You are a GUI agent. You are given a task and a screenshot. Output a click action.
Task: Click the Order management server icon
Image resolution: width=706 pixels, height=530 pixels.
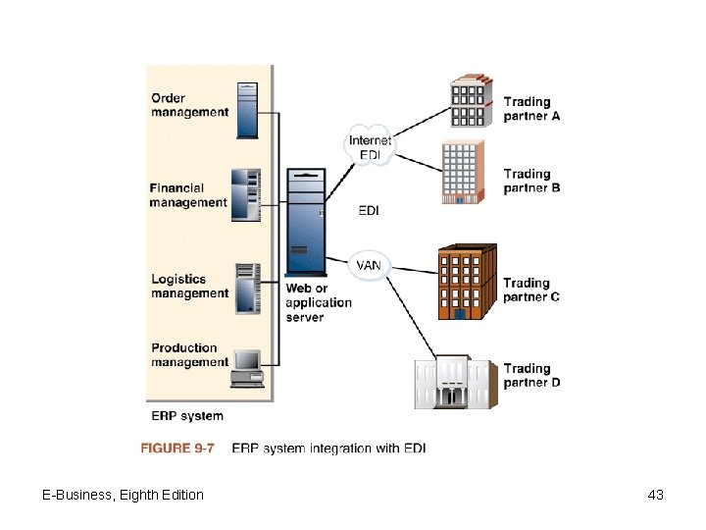(246, 109)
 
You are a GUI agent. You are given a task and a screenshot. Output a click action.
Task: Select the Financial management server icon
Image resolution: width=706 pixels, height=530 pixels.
(246, 195)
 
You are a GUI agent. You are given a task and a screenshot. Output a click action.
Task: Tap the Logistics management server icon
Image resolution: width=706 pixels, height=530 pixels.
(246, 287)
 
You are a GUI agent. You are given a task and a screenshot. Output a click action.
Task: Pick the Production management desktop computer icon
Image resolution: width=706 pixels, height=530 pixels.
(245, 367)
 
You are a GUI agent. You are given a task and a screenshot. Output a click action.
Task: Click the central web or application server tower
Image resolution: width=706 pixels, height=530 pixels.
(305, 222)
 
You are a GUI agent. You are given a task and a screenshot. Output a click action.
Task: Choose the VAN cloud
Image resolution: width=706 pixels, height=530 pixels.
(369, 265)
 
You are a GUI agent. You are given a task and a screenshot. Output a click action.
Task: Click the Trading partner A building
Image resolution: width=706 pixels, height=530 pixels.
(471, 102)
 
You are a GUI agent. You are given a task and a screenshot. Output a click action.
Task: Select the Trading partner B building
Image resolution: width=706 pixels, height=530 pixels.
(461, 172)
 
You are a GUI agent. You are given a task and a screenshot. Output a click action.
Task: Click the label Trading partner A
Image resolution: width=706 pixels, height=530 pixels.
(531, 109)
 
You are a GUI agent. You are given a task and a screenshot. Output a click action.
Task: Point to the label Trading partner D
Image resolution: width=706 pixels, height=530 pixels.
(531, 376)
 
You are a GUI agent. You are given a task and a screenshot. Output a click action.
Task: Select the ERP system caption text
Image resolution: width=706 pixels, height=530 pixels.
(186, 416)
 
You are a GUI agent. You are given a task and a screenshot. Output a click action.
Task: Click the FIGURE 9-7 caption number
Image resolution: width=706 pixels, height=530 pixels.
(177, 448)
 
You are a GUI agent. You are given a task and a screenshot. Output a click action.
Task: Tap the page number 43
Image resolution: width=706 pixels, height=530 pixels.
(656, 495)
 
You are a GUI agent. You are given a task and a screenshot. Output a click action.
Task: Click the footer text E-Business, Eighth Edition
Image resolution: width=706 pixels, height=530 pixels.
(124, 495)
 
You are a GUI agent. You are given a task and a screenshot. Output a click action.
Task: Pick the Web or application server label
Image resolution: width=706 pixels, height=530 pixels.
(318, 302)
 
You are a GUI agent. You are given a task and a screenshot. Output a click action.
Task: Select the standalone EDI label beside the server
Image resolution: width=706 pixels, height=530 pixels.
(370, 210)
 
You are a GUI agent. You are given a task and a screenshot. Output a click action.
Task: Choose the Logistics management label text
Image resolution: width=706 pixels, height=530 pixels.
(189, 287)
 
